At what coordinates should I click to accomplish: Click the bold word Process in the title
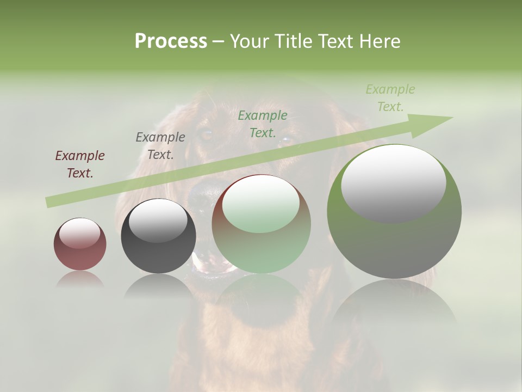coord(171,41)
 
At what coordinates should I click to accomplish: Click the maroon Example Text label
coord(80,164)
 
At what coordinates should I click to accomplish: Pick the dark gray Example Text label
coord(160,146)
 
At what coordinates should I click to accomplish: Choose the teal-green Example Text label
coord(263,124)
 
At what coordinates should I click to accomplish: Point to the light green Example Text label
coord(390,98)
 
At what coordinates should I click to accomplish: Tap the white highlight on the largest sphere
coord(393,182)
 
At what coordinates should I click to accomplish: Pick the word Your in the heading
coord(250,41)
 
